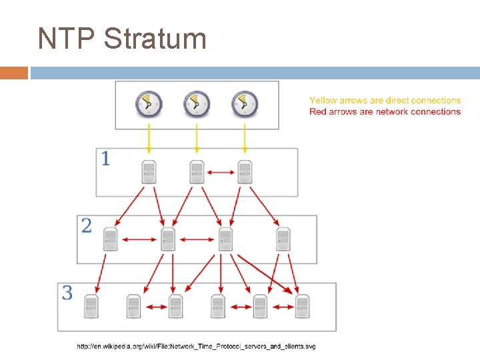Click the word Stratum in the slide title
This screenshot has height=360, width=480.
coord(155,39)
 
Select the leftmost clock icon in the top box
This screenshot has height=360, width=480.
coord(149,104)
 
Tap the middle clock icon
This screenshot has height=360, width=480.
coord(196,104)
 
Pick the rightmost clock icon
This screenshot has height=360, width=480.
coord(244,104)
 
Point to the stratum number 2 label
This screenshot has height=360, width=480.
coord(87,225)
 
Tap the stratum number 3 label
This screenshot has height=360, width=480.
coord(68,293)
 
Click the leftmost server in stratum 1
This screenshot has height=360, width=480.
coord(149,172)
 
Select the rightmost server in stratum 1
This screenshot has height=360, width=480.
coord(245,172)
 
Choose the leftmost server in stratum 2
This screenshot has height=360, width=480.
coord(110,239)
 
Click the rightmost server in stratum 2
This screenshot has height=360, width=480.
coord(283,239)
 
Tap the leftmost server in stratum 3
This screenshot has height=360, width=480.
coord(91,306)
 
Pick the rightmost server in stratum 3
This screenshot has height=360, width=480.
coord(302,306)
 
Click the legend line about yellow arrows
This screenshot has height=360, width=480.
coord(385,101)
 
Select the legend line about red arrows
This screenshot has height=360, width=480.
coord(385,111)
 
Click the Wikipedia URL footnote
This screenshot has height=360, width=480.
coord(196,346)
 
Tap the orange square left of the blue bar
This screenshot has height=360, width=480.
coord(14,73)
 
